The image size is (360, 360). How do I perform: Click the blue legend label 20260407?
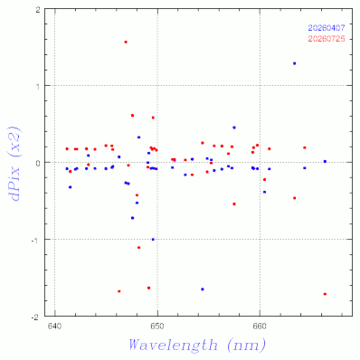[x=327, y=28]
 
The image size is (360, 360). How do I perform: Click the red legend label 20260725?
[x=327, y=39]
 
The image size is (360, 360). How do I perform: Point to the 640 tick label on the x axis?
[x=54, y=327]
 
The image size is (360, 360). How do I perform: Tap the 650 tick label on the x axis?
[x=156, y=327]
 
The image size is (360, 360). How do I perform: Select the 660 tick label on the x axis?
[x=259, y=327]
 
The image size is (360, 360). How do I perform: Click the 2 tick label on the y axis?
[x=38, y=10]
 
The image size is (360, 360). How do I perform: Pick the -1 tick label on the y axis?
[x=36, y=240]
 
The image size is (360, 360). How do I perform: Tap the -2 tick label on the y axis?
[x=36, y=317]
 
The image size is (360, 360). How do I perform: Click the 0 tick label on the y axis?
[x=38, y=163]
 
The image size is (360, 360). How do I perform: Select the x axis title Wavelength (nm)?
[x=197, y=345]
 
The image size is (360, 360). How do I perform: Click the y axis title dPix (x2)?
[x=16, y=163]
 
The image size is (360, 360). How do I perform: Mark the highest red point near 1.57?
[x=126, y=42]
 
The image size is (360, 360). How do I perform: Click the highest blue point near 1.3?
[x=294, y=63]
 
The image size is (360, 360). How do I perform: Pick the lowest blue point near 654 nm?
[x=203, y=289]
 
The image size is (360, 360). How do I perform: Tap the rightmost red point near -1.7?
[x=325, y=294]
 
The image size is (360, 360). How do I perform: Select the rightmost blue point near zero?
[x=325, y=161]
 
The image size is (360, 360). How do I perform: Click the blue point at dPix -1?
[x=153, y=240]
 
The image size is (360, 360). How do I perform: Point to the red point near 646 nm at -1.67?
[x=119, y=291]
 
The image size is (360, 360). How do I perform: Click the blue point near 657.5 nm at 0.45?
[x=234, y=128]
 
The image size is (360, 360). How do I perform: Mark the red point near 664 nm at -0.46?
[x=294, y=198]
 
